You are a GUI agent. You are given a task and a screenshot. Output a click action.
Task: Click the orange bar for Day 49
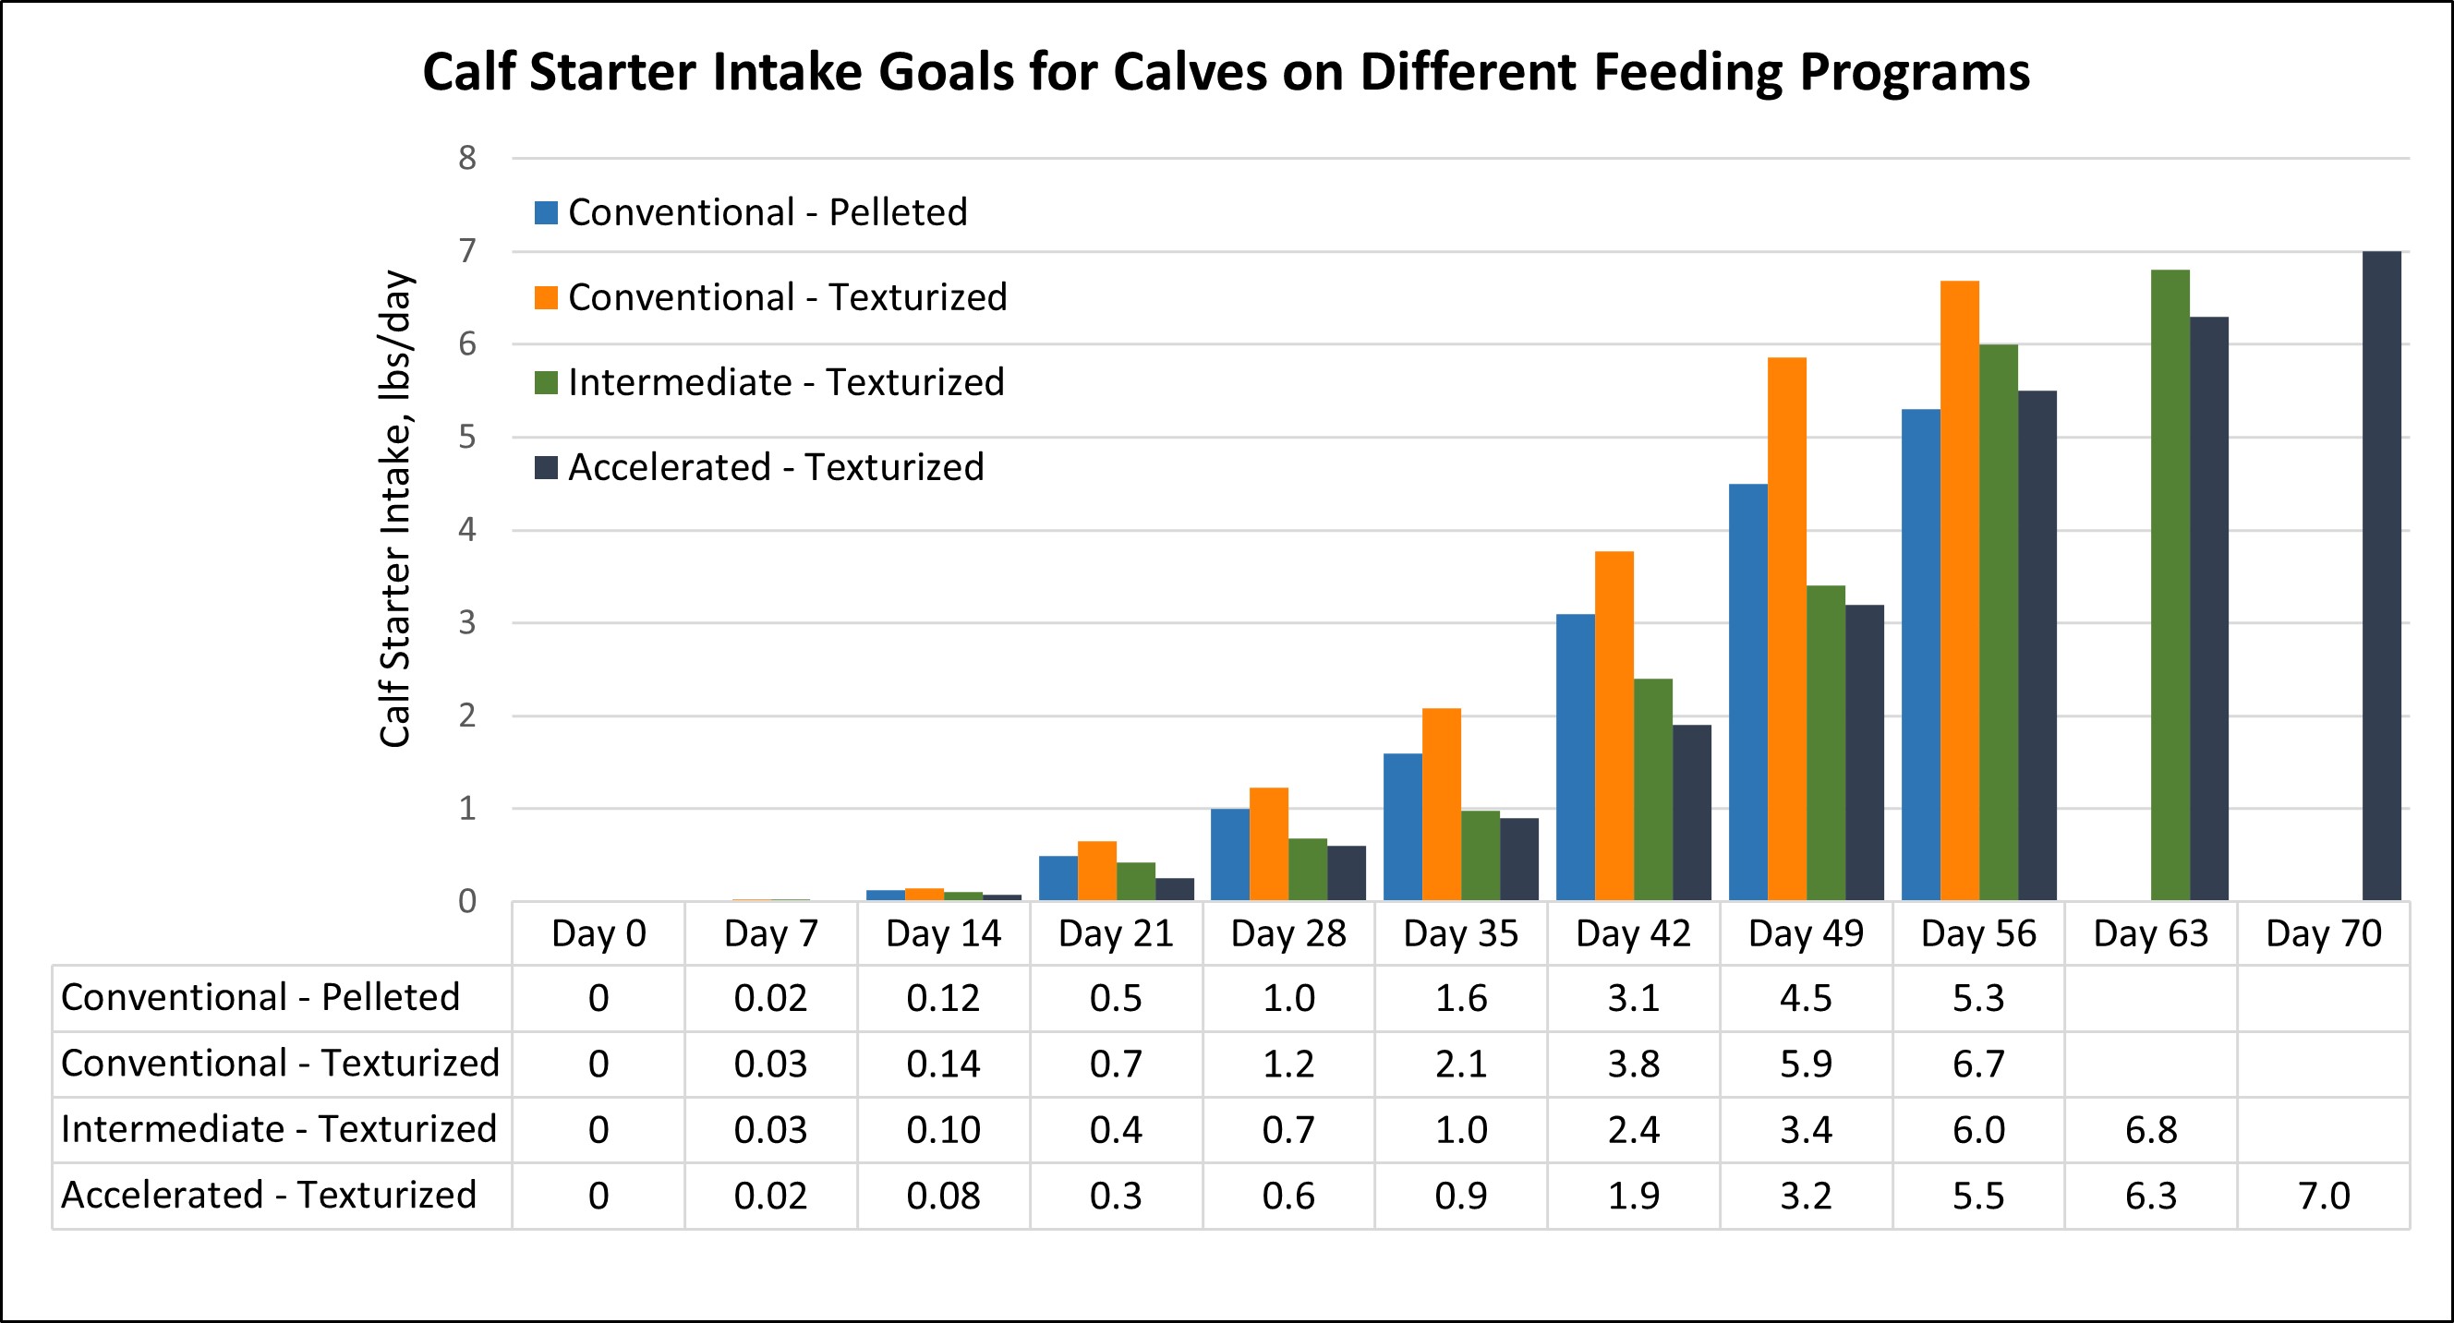tap(1786, 629)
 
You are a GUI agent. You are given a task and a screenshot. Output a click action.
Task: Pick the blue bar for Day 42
tap(1575, 757)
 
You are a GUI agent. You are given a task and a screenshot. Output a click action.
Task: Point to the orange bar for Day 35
tap(1441, 805)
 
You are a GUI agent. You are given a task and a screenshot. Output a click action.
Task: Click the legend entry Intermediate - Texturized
tap(786, 383)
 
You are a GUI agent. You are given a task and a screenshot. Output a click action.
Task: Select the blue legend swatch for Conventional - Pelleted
tap(546, 212)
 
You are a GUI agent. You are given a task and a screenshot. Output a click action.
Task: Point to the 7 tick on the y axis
tap(466, 251)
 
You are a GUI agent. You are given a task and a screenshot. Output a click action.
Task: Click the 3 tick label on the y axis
tap(466, 624)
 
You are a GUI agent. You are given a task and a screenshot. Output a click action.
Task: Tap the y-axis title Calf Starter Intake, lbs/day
tap(394, 510)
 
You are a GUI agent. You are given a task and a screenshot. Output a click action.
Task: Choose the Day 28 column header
tap(1288, 934)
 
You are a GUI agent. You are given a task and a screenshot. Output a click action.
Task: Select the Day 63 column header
tap(2150, 934)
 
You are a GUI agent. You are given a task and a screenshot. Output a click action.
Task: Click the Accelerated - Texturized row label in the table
tap(269, 1196)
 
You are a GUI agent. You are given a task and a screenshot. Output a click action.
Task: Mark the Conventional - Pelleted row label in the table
tap(260, 998)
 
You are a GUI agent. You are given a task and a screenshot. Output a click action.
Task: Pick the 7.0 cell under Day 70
tap(2324, 1197)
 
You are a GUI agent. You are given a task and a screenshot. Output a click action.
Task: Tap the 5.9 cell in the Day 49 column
tap(1806, 1064)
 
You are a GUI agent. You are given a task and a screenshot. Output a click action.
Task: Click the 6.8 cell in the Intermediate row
tap(2150, 1131)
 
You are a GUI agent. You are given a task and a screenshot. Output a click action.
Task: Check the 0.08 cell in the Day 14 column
tap(942, 1197)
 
